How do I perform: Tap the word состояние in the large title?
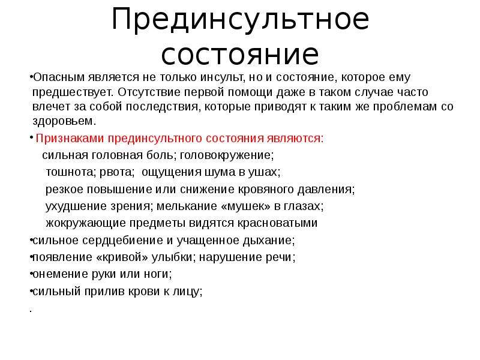(241, 55)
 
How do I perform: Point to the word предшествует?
(73, 92)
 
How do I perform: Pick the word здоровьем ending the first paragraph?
(64, 121)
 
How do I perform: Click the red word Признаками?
(70, 139)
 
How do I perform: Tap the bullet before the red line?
(31, 137)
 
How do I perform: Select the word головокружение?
(227, 155)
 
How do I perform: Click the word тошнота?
(71, 172)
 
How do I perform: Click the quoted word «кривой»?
(122, 257)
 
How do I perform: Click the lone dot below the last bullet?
(31, 311)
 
